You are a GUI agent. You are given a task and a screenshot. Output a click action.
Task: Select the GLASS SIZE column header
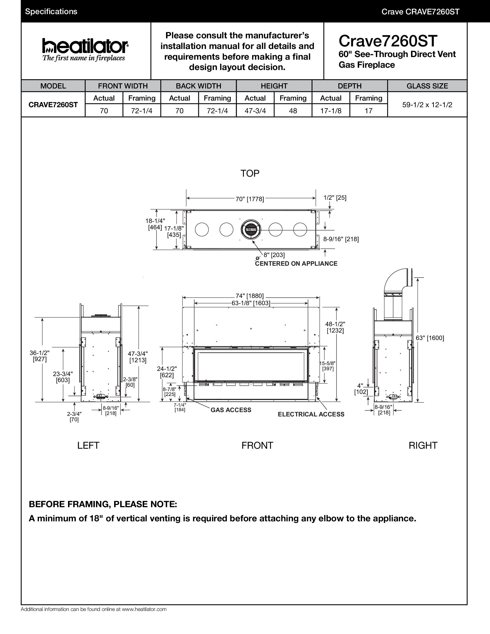[x=427, y=86]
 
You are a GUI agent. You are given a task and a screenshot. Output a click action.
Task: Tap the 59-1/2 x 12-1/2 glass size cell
[x=427, y=105]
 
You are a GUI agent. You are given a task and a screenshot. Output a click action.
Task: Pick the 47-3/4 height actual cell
[x=255, y=111]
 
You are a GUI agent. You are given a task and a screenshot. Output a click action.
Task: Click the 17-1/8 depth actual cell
[x=331, y=111]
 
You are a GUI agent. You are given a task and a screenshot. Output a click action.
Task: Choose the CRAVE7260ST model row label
[x=53, y=105]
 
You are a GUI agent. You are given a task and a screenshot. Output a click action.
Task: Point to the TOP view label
[x=250, y=173]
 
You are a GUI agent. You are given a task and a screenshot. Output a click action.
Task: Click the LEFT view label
[x=88, y=445]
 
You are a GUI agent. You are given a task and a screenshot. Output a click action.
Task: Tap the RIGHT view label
[x=423, y=445]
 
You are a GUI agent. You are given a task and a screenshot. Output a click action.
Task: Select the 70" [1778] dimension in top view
[x=250, y=199]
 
